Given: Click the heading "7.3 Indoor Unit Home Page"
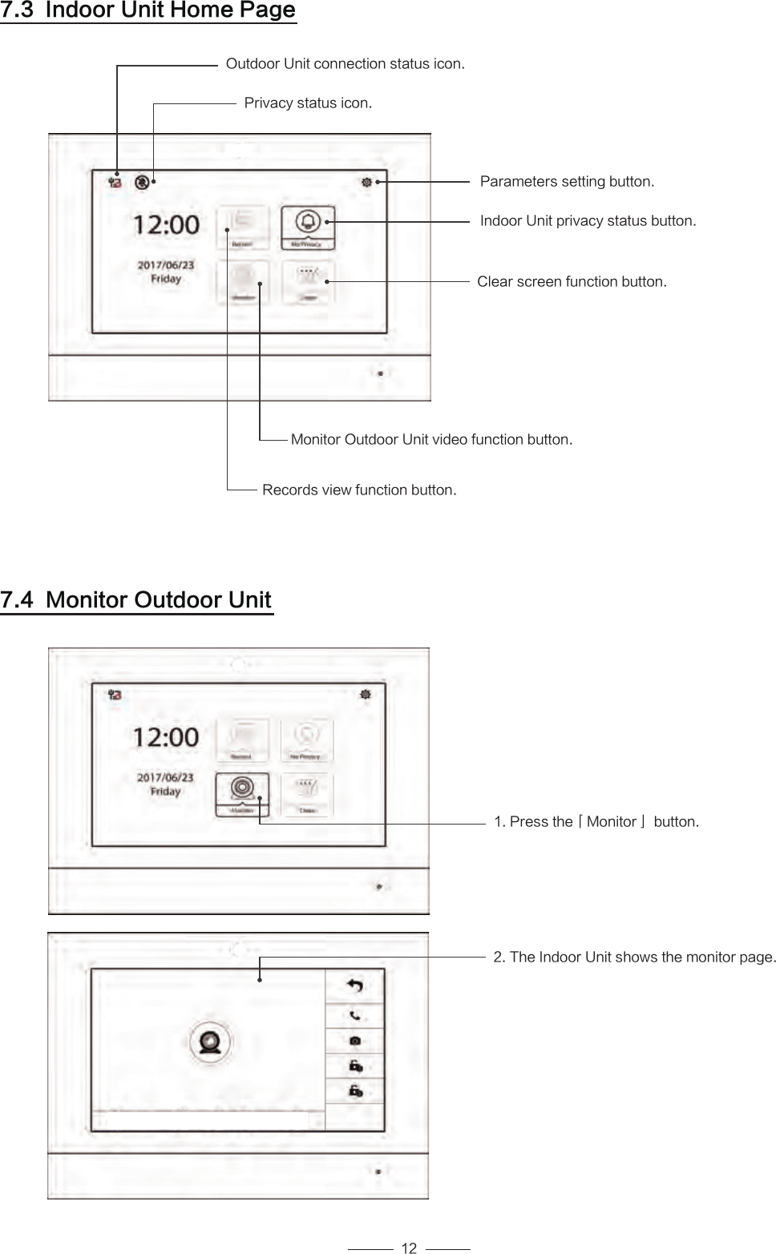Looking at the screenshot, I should point(148,11).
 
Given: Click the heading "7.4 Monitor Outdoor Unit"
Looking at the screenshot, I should point(136,600).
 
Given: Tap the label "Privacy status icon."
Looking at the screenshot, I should point(308,103).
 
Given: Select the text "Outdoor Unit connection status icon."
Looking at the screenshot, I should point(345,63).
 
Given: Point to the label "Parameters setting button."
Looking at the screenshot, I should point(567,182).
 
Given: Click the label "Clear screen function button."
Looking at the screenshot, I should point(572,282).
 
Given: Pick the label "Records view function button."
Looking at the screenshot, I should point(359,490).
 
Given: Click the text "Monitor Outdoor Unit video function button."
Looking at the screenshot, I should point(431,440).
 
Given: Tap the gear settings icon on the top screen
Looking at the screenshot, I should point(366,183).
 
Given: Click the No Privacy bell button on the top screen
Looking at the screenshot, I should point(308,227).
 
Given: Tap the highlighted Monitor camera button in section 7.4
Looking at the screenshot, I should point(242,793).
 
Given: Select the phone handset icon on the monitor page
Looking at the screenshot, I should point(354,1015).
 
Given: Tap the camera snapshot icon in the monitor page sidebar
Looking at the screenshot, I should point(354,1041).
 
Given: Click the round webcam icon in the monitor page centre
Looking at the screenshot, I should point(211,1042).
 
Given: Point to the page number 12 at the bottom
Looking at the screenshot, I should point(409,1248).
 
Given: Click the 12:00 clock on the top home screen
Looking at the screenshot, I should point(166,224).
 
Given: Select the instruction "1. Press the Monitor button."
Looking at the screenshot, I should point(596,822).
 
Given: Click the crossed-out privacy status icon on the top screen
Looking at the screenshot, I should point(142,182).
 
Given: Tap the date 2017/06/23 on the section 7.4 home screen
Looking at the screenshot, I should point(165,777).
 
